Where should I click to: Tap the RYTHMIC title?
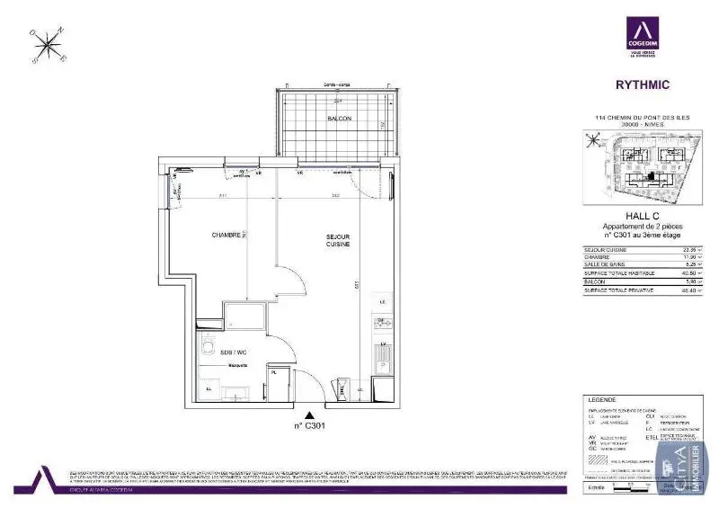pos(641,86)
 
